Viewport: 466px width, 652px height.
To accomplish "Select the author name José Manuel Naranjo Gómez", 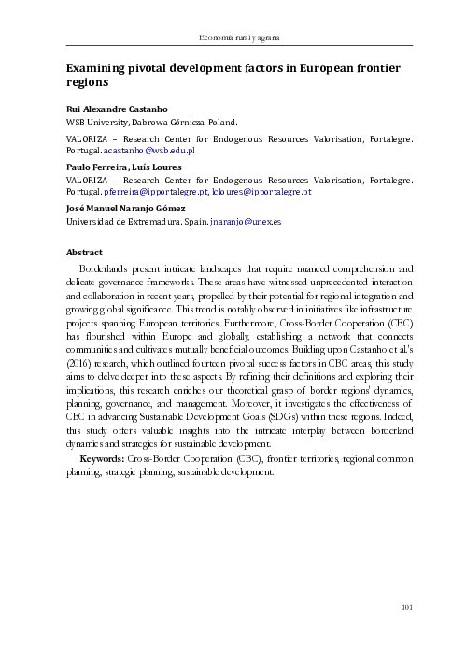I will click(126, 209).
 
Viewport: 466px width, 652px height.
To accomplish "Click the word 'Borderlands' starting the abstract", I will click(108, 268).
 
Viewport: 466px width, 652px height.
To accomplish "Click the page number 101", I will click(406, 609).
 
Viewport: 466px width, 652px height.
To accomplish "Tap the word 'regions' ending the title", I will click(86, 84).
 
